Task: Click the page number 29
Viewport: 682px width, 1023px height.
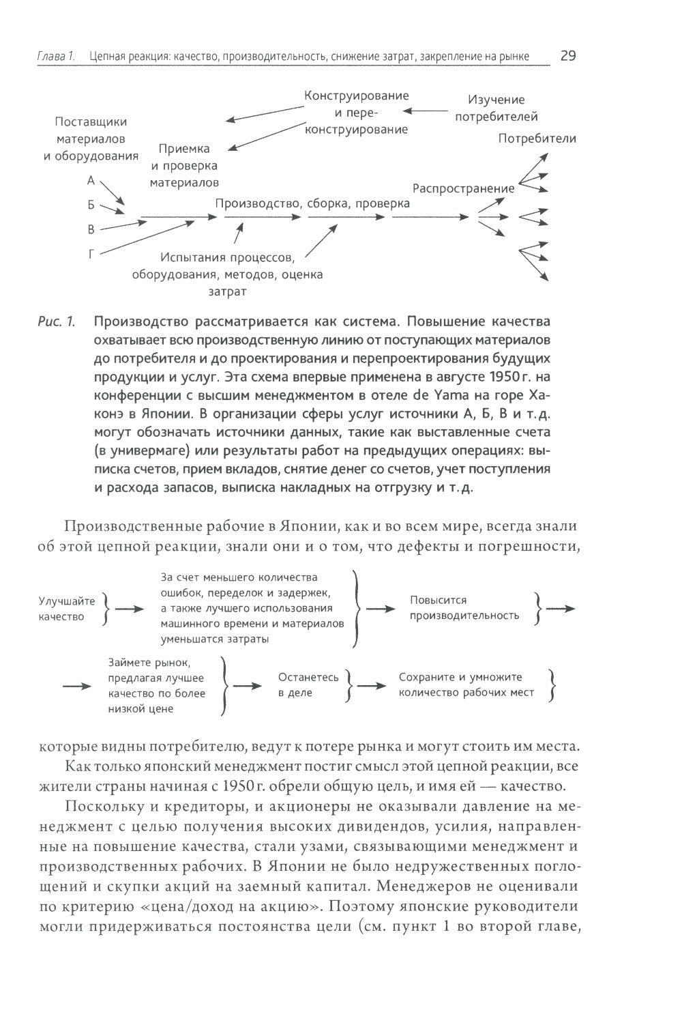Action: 567,56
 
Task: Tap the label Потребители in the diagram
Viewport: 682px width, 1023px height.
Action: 537,139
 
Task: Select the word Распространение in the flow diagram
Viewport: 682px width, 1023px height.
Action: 463,188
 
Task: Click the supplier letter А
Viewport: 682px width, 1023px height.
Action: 91,181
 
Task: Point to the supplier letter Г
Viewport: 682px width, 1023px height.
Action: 91,254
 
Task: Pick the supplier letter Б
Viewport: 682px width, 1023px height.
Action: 91,205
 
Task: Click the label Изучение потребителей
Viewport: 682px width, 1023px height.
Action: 496,109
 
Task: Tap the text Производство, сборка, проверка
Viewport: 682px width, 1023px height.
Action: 312,203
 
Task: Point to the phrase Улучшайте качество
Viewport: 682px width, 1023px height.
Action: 67,609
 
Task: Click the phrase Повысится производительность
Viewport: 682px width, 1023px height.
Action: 464,608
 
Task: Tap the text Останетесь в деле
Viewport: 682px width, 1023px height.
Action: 308,685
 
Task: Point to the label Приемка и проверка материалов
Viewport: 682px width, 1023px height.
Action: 184,166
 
